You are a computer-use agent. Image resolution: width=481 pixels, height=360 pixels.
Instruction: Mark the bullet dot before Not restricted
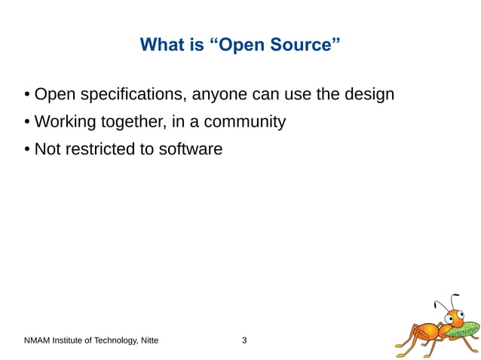tap(27, 149)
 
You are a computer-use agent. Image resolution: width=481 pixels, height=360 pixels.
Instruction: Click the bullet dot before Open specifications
tap(27, 95)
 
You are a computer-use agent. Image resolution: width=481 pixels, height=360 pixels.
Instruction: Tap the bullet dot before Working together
tap(27, 122)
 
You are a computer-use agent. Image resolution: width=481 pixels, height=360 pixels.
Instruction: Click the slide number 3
tap(244, 340)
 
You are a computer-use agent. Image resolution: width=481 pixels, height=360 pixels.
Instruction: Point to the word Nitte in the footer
tap(149, 340)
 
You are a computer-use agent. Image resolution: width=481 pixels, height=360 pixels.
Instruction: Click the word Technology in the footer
tap(112, 340)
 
